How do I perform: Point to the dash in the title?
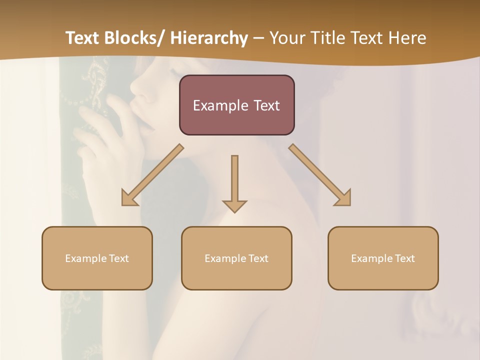point(258,38)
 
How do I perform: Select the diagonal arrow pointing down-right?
point(320,175)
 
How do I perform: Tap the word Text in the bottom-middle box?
point(258,258)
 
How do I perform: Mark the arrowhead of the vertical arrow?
point(234,206)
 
